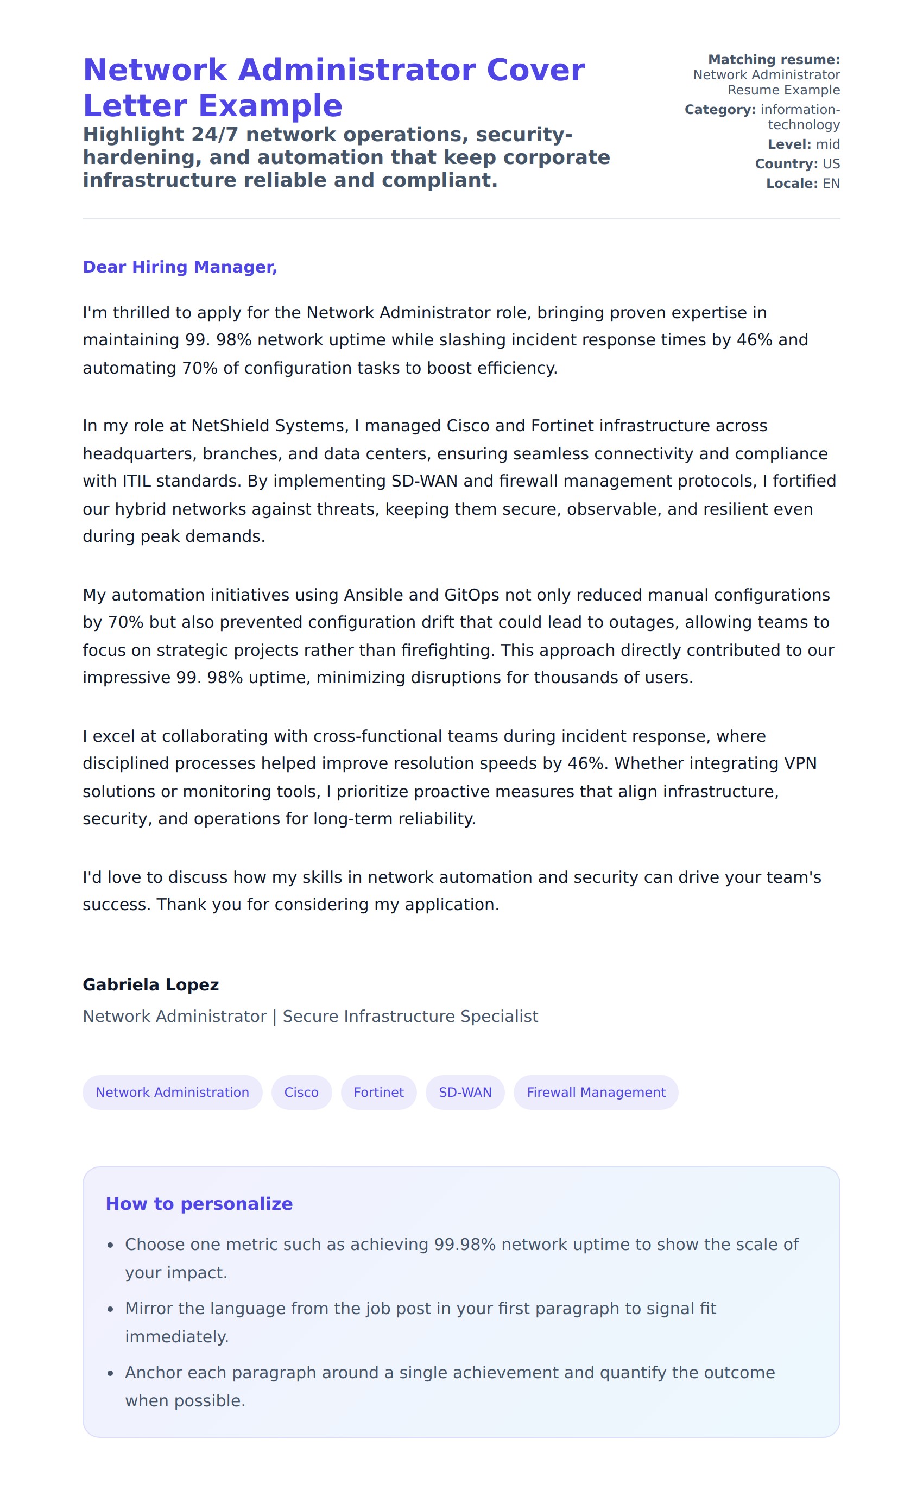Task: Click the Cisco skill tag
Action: pos(301,1092)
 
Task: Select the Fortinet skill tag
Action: pos(378,1092)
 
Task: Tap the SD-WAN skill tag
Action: pos(465,1092)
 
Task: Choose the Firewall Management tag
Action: pos(596,1092)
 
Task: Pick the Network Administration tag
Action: pos(172,1092)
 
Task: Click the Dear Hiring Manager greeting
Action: pos(180,267)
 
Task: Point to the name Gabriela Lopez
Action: pos(150,984)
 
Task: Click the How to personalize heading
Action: pos(199,1203)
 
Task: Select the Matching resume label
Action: pos(774,60)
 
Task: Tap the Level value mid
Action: pos(828,144)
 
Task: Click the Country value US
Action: pos(831,164)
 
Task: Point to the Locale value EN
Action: pos(831,184)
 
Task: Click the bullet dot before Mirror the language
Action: pos(111,1309)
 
